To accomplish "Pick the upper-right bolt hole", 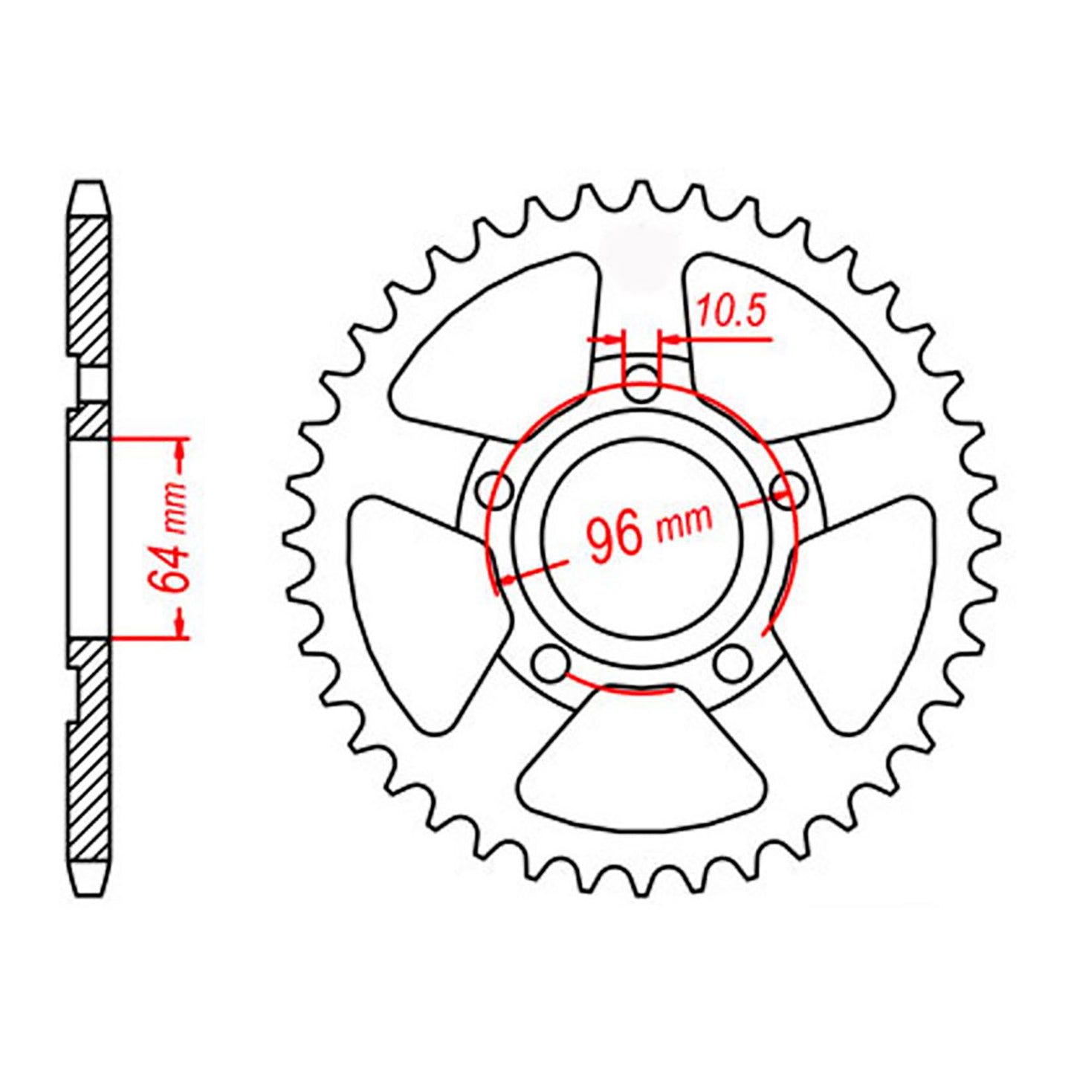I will pos(789,489).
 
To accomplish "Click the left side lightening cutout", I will pos(416,609).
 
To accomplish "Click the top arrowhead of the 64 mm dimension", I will pos(181,450).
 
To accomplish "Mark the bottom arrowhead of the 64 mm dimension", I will pos(181,626).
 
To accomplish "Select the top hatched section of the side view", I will pos(88,286).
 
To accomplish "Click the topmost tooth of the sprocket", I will pos(641,192).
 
